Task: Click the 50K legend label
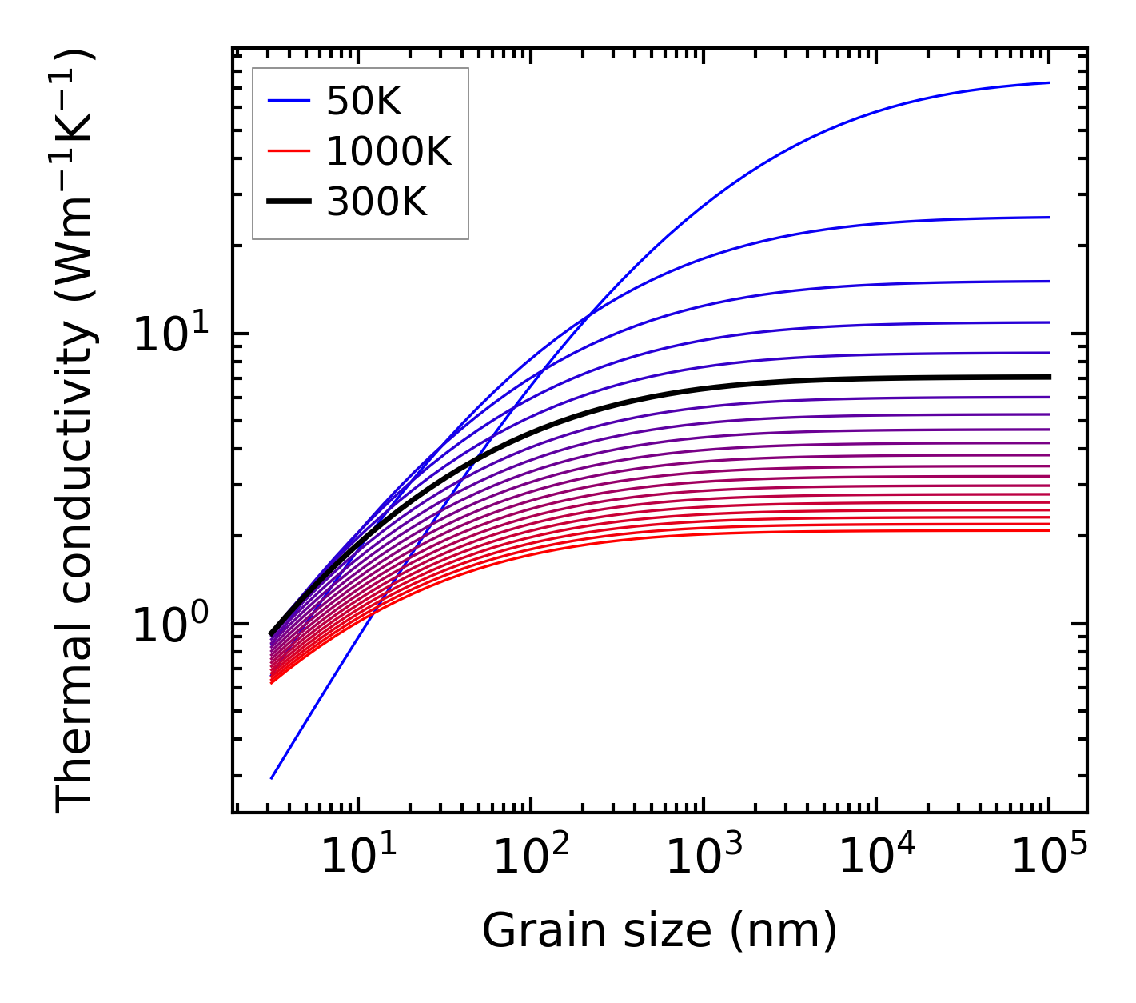(x=364, y=101)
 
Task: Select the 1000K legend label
(x=389, y=151)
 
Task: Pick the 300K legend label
(x=377, y=202)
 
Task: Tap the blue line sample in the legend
(x=288, y=101)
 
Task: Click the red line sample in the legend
(x=288, y=151)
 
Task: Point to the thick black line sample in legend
(x=288, y=202)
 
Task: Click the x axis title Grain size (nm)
(x=660, y=930)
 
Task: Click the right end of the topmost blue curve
(x=1049, y=82)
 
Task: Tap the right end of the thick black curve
(x=1049, y=377)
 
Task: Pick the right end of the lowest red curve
(x=1049, y=530)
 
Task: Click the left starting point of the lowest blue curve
(x=272, y=778)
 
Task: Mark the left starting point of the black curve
(x=272, y=633)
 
